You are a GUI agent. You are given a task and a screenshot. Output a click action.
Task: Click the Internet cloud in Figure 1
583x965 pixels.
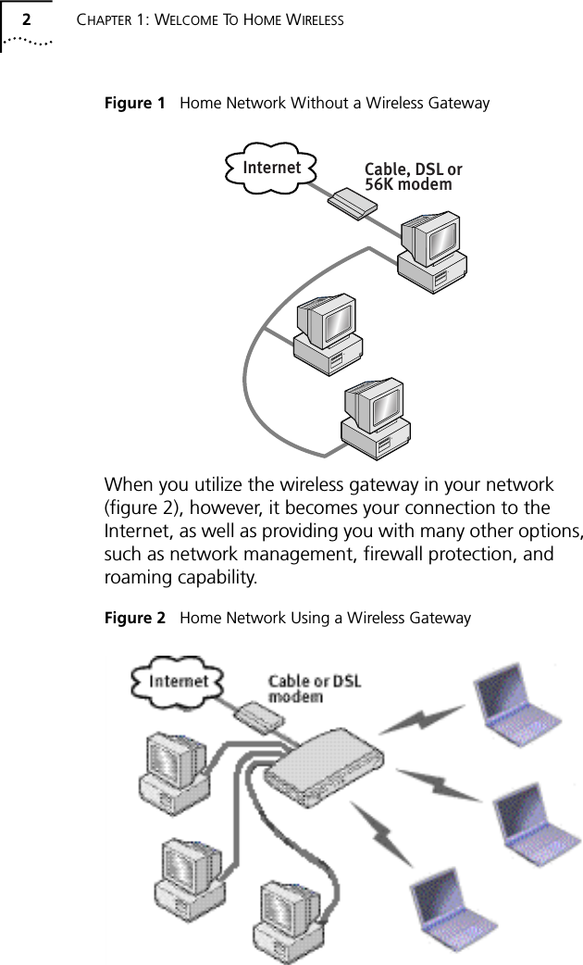tap(271, 168)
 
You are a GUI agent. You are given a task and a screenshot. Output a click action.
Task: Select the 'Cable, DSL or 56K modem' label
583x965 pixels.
tap(413, 177)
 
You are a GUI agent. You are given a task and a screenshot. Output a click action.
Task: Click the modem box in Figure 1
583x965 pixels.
tap(354, 202)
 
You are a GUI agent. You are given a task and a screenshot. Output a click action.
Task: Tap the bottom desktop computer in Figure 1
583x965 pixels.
tap(377, 419)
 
